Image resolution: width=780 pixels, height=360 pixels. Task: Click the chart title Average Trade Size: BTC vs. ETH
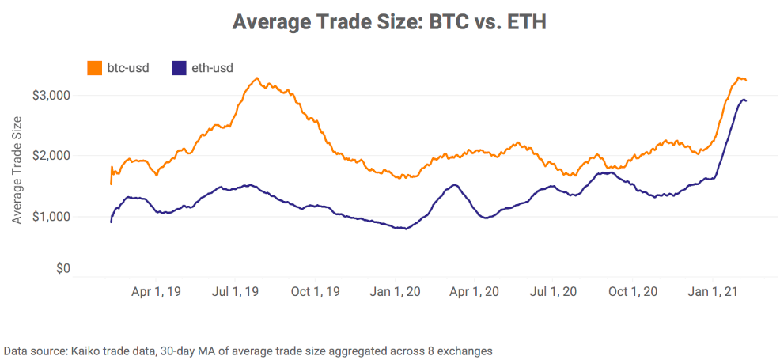point(389,21)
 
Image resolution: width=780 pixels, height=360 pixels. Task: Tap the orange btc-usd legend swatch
point(94,68)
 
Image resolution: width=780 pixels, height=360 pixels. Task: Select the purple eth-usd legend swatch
point(179,68)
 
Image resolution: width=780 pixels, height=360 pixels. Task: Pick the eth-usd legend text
point(212,68)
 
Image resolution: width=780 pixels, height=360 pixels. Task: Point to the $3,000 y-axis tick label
point(51,96)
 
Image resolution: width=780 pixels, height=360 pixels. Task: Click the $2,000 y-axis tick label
point(51,156)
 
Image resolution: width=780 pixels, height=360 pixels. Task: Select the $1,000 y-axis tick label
point(51,216)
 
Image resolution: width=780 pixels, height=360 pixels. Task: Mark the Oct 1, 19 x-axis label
point(317,291)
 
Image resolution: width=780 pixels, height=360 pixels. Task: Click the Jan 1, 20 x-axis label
point(396,291)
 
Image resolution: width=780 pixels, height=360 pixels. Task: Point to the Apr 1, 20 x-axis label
point(475,291)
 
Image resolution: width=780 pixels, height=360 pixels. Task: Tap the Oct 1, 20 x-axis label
point(634,291)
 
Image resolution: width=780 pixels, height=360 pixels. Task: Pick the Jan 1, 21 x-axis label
point(714,291)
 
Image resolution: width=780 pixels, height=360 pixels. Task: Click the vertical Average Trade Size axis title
point(17,169)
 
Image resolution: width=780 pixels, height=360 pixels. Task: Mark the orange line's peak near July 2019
point(257,78)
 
